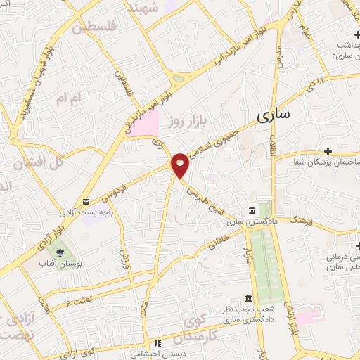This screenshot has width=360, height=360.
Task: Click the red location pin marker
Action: [x=181, y=165]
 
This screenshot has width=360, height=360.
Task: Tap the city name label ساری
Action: [x=273, y=116]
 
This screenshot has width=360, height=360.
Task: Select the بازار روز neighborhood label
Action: [x=185, y=121]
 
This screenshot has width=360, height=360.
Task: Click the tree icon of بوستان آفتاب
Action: [x=59, y=251]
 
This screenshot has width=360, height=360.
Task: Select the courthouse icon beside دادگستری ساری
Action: [x=252, y=212]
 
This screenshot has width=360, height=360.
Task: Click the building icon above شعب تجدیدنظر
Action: [x=247, y=299]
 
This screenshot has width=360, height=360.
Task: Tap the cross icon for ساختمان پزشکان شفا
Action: [x=328, y=151]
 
